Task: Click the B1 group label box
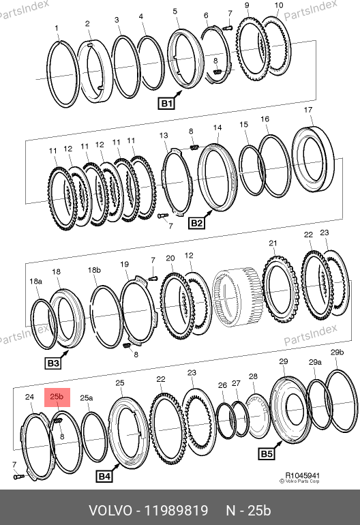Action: pos(166,103)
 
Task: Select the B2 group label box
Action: pos(196,223)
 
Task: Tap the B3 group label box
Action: pos(53,363)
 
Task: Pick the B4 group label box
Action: pos(104,476)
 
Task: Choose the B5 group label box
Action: pos(267,453)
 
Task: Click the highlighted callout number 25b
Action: pos(57,397)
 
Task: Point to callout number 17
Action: pos(308,110)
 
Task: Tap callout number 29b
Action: pos(337,352)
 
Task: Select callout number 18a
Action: pos(36,281)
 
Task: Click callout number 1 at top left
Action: pos(57,28)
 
